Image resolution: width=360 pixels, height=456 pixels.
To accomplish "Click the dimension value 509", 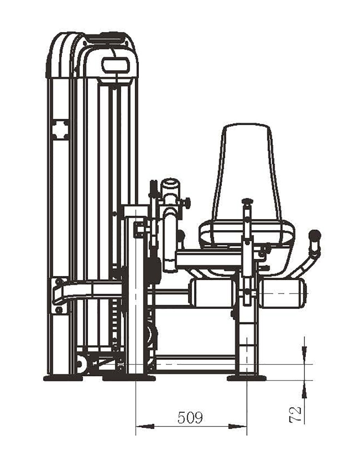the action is click(x=190, y=418).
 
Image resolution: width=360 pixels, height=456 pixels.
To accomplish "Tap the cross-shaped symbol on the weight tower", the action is click(x=60, y=129).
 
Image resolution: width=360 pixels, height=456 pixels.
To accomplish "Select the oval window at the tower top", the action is click(x=116, y=64).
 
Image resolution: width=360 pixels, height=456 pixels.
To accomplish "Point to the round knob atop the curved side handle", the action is click(x=315, y=234).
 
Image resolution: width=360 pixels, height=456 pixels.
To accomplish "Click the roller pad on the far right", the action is click(x=282, y=293).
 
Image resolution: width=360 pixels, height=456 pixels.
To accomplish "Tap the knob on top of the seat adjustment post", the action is click(x=247, y=201).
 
